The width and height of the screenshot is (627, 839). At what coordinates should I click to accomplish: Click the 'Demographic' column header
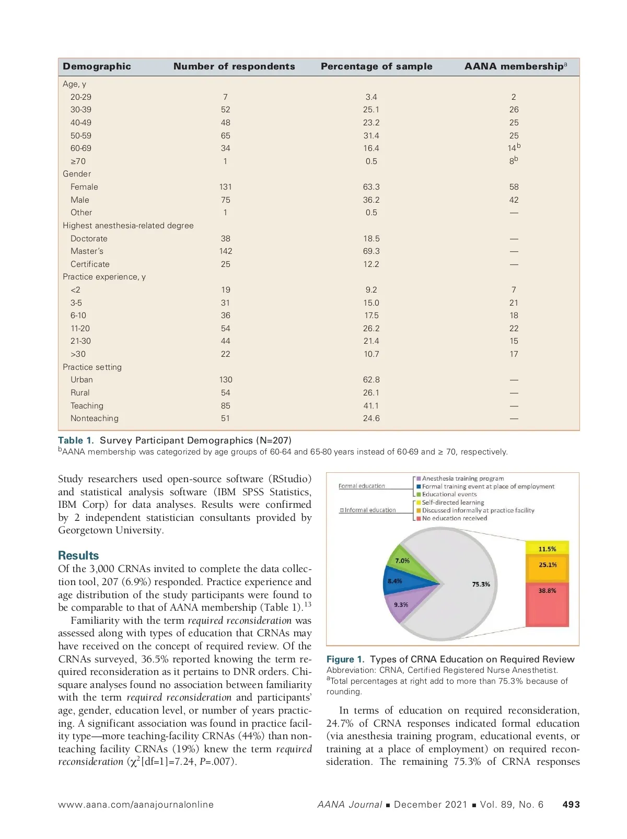[97, 66]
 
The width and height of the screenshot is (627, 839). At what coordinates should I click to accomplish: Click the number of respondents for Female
[225, 187]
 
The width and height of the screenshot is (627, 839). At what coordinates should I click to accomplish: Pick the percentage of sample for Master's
[371, 251]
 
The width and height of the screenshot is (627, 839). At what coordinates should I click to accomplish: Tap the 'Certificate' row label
[90, 264]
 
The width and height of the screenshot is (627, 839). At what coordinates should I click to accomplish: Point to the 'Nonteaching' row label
[94, 418]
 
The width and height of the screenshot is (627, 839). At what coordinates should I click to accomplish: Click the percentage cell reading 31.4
[371, 136]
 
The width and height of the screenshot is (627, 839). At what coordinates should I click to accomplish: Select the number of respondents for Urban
[225, 380]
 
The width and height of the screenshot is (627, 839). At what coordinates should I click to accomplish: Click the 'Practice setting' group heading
[92, 367]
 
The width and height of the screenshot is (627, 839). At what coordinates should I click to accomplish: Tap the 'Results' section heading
[78, 555]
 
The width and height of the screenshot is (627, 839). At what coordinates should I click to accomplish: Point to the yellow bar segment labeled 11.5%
[547, 549]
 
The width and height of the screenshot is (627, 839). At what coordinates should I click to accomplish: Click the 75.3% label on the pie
[481, 584]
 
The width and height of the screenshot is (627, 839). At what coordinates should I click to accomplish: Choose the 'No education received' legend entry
[454, 518]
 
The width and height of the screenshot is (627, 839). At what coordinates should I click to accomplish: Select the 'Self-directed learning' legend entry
[452, 503]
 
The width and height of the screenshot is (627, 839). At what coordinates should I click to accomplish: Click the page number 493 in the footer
[571, 805]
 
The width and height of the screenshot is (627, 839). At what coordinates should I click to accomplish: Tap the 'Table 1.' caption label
[76, 440]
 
